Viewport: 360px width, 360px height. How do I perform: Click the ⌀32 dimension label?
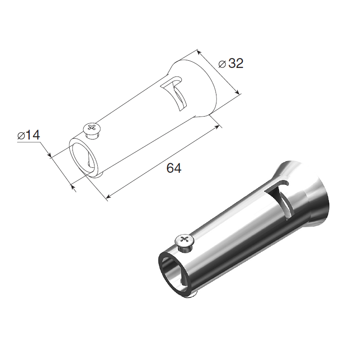[x=231, y=63]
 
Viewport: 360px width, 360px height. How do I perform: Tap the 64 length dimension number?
[x=174, y=168]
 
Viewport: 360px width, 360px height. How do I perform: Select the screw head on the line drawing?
[x=92, y=128]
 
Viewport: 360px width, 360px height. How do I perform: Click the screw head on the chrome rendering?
[x=184, y=240]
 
